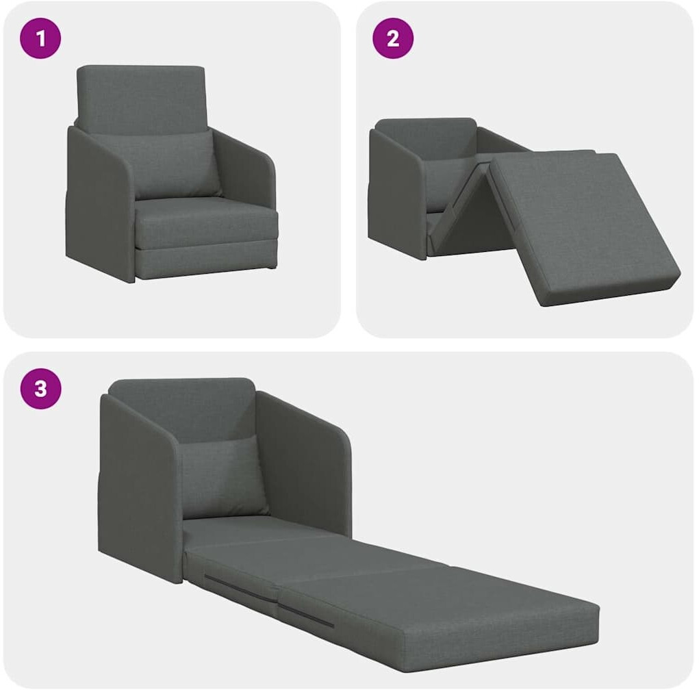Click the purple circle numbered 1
(x=40, y=38)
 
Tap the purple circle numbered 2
(x=393, y=38)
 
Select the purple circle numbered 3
(x=40, y=389)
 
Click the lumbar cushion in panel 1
(x=173, y=165)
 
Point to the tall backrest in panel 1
(x=141, y=99)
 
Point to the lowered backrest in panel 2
(x=426, y=138)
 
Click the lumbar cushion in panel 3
(x=218, y=477)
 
